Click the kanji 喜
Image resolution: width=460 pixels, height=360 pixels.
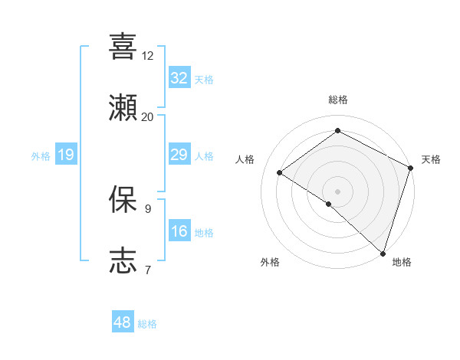[123, 47]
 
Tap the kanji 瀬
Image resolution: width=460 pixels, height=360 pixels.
[123, 108]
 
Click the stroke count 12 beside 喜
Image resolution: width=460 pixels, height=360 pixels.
[147, 56]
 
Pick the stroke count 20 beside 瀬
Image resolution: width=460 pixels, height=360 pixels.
[147, 116]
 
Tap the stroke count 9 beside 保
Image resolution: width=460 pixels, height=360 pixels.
[147, 208]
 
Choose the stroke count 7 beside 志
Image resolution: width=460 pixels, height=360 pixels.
[147, 269]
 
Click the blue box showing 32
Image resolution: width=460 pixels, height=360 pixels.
[179, 77]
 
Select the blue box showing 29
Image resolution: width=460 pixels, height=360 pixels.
[179, 155]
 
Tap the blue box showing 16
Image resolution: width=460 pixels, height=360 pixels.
[179, 231]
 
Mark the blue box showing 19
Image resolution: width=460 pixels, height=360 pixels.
[66, 155]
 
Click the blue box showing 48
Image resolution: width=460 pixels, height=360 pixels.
[123, 322]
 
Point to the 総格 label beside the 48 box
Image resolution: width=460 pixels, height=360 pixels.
[148, 324]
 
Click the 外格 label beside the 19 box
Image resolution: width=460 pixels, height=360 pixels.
[41, 156]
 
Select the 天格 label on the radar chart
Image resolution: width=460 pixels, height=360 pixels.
[432, 159]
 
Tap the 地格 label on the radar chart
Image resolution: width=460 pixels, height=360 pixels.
[402, 262]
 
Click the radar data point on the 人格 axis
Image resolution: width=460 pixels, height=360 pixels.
[280, 172]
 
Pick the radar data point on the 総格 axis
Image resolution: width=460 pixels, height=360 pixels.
[337, 131]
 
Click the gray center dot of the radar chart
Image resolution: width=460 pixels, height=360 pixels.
[337, 191]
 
